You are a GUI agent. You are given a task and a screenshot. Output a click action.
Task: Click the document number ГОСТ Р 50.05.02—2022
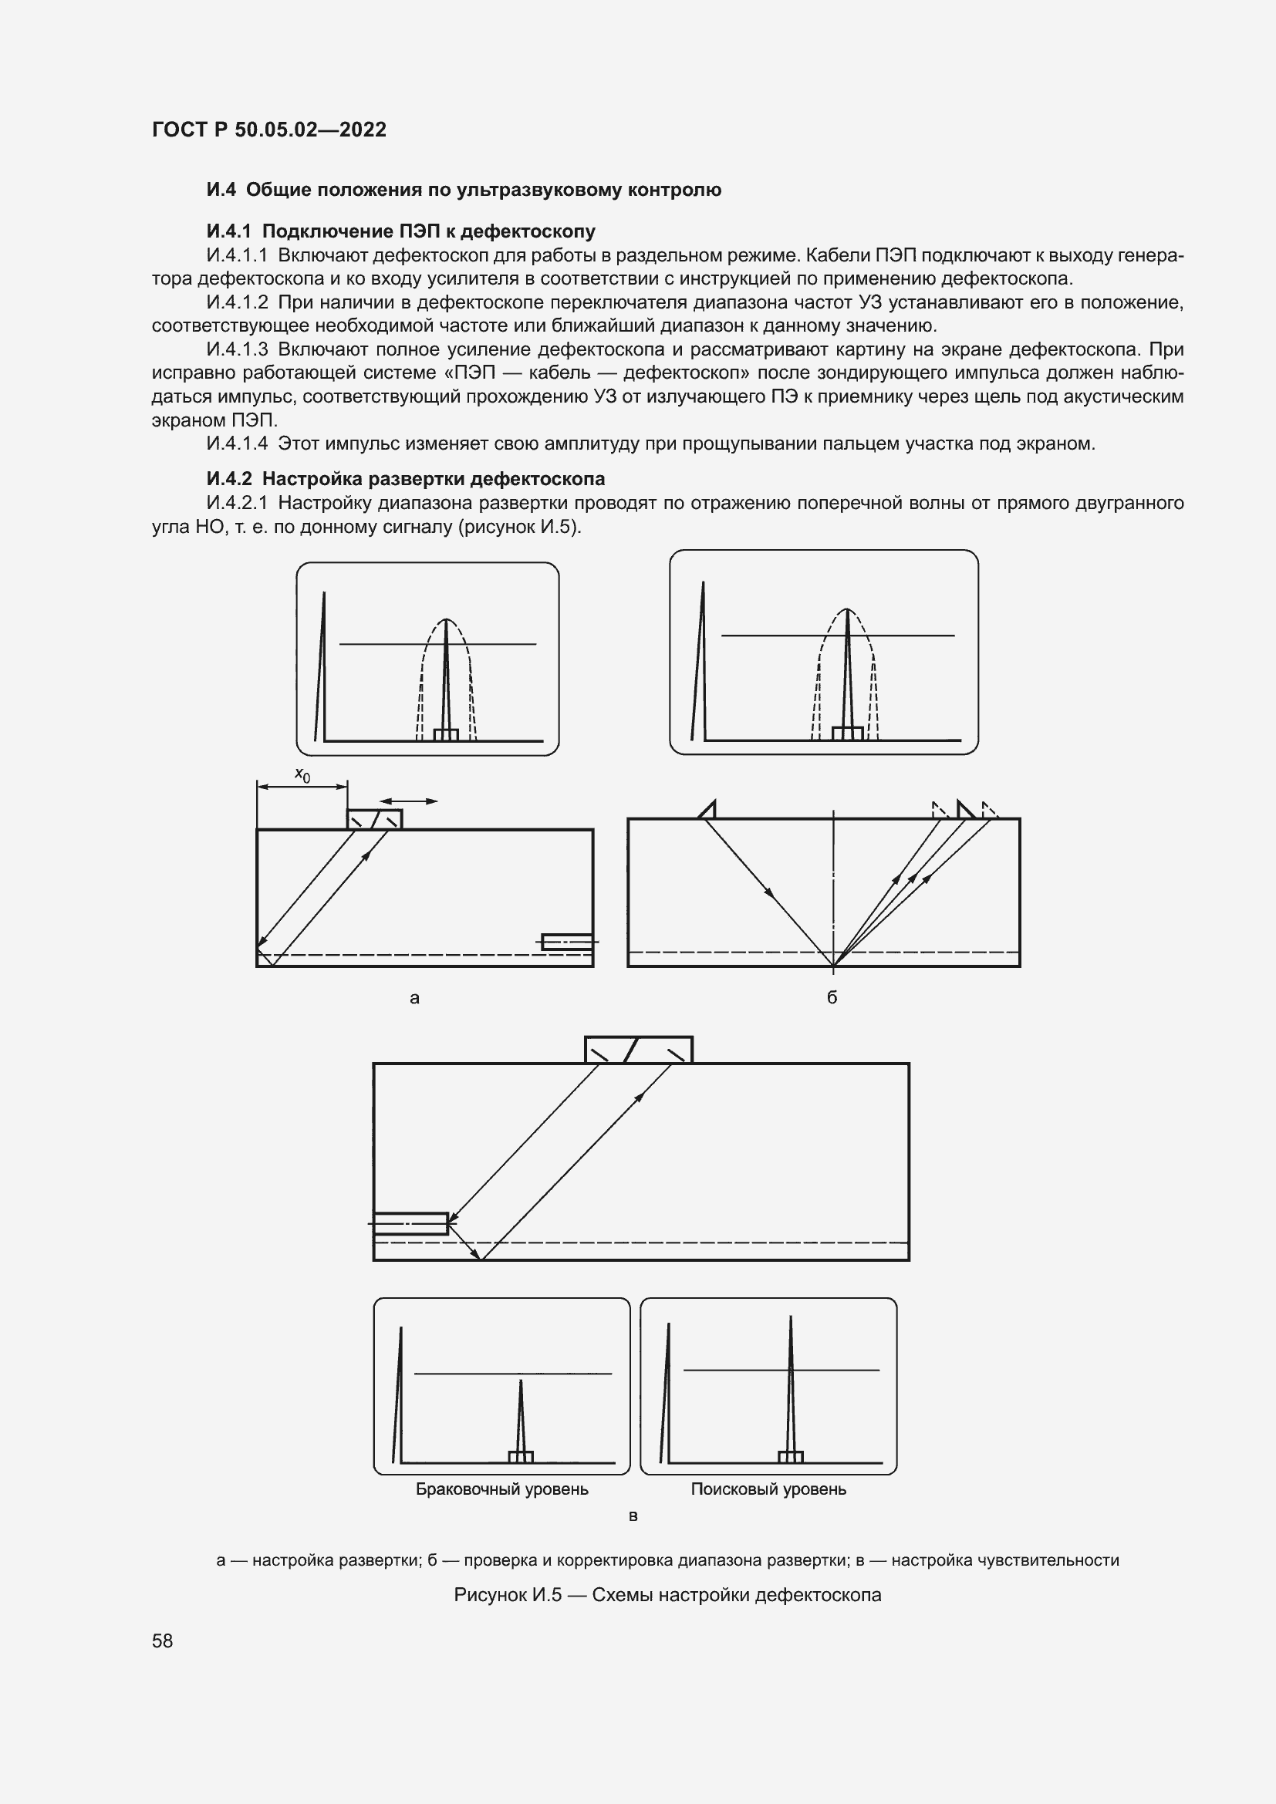point(268,130)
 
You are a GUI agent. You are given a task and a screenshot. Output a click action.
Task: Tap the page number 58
point(163,1640)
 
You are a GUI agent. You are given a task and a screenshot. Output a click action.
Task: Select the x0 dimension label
point(302,775)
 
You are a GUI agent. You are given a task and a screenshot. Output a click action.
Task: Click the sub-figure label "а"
point(415,999)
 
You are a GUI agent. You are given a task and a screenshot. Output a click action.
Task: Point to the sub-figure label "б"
point(832,997)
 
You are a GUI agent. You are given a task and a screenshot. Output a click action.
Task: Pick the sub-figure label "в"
point(633,1516)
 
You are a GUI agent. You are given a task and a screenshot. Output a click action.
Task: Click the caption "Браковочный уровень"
point(501,1489)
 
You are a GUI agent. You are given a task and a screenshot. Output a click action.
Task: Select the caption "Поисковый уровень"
point(768,1489)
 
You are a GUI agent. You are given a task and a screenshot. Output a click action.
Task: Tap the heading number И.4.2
point(228,478)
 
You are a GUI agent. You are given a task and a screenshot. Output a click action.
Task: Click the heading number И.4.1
point(228,231)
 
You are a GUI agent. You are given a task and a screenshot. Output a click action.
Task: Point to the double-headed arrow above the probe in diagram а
point(409,801)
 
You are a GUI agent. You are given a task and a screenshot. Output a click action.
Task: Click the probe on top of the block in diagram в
point(638,1050)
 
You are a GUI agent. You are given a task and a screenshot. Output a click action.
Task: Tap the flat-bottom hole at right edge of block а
point(567,941)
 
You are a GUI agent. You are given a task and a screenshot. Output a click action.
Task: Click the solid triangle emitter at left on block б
point(708,810)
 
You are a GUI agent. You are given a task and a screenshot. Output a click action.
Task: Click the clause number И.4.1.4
point(237,444)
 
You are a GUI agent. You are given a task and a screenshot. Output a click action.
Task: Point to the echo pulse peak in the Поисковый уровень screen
point(791,1318)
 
